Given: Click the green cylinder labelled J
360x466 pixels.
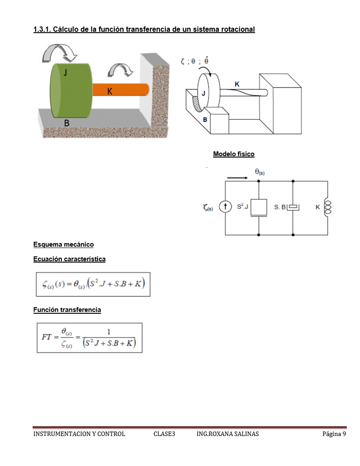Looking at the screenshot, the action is (71, 90).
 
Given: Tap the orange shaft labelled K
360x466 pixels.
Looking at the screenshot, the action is (120, 90).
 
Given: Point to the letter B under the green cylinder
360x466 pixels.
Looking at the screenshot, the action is (67, 123).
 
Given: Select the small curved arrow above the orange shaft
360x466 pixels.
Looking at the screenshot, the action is (120, 71).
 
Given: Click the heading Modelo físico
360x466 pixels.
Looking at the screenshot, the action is (234, 154).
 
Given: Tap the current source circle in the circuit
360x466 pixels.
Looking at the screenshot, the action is (225, 207).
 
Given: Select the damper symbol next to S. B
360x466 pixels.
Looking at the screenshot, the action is (293, 207).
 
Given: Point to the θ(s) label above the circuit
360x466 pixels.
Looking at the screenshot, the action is (259, 172).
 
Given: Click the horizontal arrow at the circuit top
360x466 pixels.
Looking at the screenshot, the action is (237, 178).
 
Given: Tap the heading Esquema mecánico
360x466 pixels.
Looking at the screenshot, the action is (64, 244).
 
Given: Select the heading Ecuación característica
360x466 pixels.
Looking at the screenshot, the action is (69, 259).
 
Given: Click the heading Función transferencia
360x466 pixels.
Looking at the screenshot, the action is (67, 310).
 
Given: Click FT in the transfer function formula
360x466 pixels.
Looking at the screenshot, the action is (46, 337).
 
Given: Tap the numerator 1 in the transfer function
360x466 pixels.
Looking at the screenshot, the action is (109, 332).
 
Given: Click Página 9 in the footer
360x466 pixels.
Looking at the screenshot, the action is (334, 434).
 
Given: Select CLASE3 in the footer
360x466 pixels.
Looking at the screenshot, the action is (164, 434).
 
